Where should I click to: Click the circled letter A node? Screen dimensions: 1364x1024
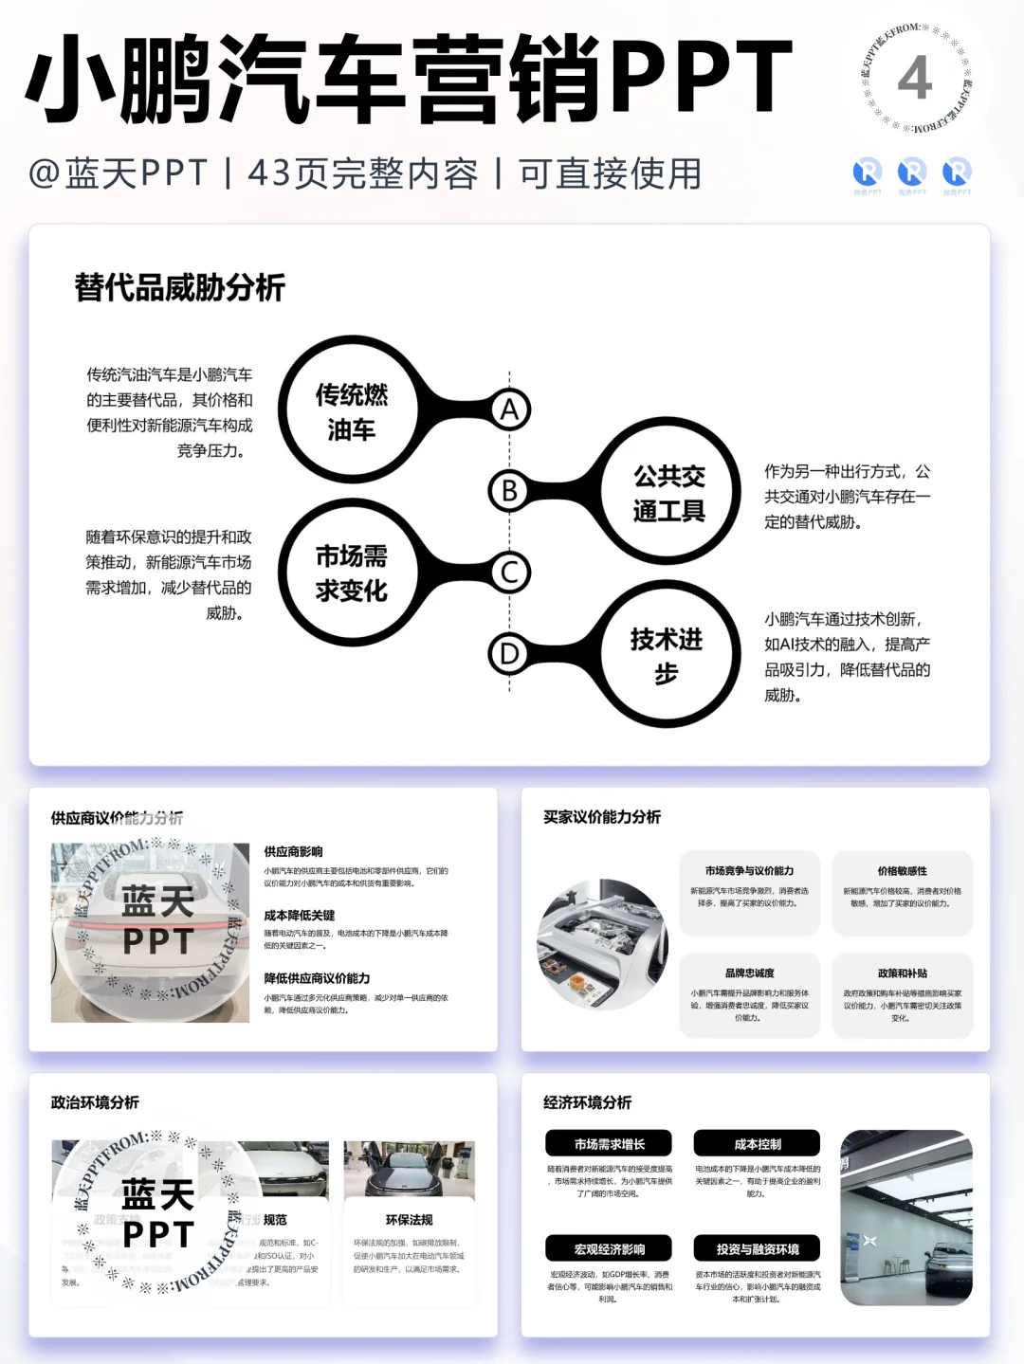click(x=509, y=409)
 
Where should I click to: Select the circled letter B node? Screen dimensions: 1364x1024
click(x=509, y=490)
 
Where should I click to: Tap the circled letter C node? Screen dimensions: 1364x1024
click(x=509, y=573)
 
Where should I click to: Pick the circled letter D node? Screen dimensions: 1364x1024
click(x=509, y=654)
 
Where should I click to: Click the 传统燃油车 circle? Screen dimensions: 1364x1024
click(x=351, y=411)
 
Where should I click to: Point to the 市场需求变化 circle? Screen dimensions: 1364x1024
click(x=351, y=573)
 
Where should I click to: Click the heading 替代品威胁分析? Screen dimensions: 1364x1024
click(x=180, y=287)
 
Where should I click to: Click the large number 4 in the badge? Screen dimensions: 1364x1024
click(x=915, y=80)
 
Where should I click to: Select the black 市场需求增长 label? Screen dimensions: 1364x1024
click(x=609, y=1143)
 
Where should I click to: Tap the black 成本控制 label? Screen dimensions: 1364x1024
click(x=757, y=1143)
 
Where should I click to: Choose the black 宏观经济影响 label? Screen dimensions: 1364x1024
click(x=609, y=1248)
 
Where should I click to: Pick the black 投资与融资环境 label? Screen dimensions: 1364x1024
click(x=757, y=1248)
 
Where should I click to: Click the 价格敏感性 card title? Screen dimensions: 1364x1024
click(x=902, y=870)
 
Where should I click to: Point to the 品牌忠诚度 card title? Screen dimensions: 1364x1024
click(x=749, y=973)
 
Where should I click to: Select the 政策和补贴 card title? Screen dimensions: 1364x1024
click(x=902, y=973)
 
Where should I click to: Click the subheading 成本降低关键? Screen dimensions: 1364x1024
click(x=300, y=915)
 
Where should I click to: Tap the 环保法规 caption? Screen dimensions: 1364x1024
click(x=409, y=1220)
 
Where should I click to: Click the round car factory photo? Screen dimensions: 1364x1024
click(x=602, y=945)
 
